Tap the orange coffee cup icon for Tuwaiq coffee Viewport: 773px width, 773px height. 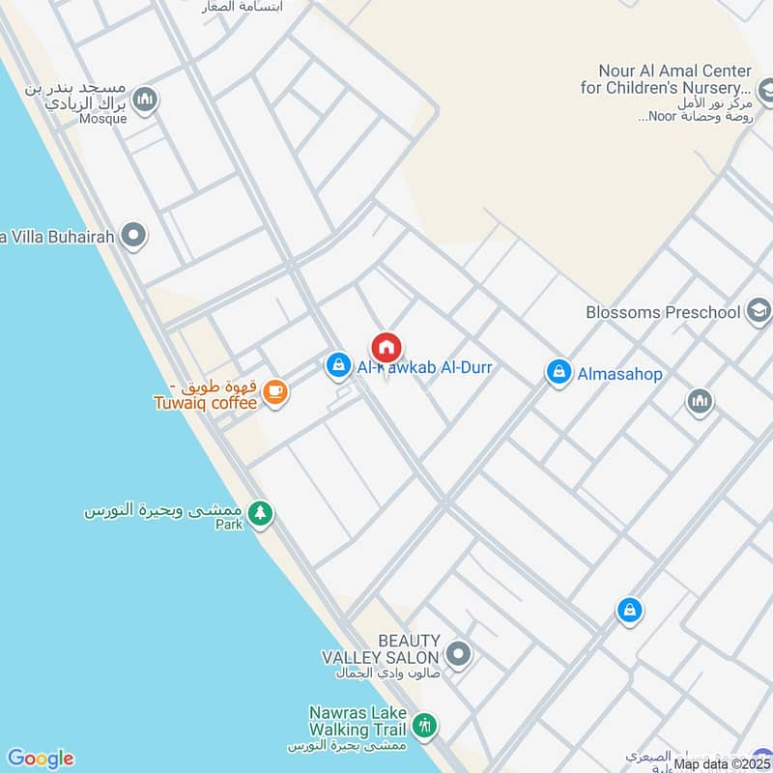tap(275, 391)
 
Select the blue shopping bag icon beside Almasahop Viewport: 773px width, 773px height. tap(558, 372)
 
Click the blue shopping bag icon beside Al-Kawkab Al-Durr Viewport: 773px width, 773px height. tap(337, 365)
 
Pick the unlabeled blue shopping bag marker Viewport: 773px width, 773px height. tap(629, 611)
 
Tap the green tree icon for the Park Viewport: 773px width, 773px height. tap(259, 513)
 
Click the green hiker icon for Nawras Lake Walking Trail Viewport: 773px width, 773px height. tap(423, 725)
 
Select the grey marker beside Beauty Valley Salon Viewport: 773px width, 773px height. tap(460, 655)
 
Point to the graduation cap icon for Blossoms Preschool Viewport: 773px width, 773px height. tap(759, 311)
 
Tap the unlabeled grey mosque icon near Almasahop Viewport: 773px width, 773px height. tap(700, 401)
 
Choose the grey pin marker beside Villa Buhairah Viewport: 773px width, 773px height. tap(134, 235)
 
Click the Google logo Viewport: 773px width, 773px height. tap(40, 759)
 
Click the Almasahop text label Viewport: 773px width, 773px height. tap(619, 373)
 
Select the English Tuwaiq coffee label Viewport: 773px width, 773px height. tap(205, 402)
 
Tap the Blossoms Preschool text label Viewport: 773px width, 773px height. tap(663, 312)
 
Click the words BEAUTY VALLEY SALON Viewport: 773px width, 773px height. tap(382, 648)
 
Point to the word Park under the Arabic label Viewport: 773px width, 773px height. tap(228, 525)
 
